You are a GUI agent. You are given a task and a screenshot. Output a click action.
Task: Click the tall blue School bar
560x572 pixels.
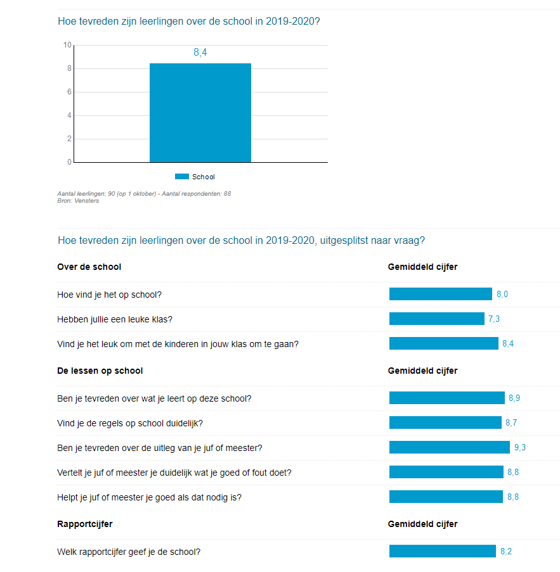[200, 113]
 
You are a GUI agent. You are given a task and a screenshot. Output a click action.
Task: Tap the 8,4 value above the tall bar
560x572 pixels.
[200, 53]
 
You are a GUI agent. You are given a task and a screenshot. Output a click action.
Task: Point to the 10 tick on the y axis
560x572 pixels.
[67, 45]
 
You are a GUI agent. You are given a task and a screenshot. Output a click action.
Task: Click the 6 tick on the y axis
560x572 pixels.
[69, 92]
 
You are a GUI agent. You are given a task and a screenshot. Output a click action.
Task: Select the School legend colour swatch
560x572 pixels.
[182, 177]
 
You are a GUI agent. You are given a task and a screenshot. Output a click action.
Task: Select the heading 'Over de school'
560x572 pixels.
[89, 267]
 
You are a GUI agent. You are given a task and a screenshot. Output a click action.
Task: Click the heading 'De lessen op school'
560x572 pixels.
[100, 371]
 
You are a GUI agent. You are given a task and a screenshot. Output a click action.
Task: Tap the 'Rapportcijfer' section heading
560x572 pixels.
[85, 524]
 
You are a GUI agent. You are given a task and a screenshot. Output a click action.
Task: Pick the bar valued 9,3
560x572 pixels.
[449, 447]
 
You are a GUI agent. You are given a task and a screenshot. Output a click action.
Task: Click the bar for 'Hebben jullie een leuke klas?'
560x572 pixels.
[436, 319]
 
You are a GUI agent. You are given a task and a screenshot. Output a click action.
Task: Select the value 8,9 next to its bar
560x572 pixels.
[514, 398]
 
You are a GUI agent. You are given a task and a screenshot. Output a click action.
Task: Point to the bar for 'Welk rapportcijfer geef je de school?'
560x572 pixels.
[442, 551]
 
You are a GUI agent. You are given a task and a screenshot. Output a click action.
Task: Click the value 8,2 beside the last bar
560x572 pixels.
[506, 551]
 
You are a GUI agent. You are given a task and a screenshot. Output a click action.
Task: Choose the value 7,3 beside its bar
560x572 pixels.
[494, 319]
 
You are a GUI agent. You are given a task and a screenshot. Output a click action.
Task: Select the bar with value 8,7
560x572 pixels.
[445, 423]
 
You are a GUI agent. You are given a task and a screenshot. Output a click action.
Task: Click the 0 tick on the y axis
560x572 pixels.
[69, 162]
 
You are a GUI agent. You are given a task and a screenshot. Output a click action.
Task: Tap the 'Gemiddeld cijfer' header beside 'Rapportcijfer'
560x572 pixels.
[422, 524]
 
